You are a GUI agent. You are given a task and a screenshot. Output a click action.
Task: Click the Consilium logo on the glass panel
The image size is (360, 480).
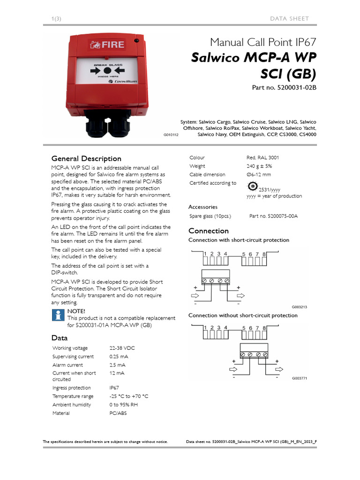tap(123, 81)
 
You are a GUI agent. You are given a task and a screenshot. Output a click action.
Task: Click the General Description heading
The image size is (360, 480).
tap(86, 158)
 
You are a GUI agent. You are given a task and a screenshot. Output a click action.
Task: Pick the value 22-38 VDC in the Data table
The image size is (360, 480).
tap(122, 348)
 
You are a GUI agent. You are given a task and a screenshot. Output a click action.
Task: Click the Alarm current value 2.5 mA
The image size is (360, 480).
tap(117, 365)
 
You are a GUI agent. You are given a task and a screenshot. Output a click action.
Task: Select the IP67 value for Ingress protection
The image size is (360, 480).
tap(114, 388)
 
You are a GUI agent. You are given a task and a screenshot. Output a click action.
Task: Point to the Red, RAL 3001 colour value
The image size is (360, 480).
tap(262, 158)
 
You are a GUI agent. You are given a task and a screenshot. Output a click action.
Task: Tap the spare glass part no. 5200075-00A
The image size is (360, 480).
tap(274, 216)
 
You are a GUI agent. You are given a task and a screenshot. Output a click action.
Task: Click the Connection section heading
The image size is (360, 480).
tap(209, 231)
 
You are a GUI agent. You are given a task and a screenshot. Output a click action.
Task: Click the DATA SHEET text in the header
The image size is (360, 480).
tap(289, 18)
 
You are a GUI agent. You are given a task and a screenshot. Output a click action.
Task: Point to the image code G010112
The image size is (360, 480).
tap(171, 135)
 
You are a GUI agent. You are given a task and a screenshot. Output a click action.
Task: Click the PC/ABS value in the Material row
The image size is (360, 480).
tap(118, 413)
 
